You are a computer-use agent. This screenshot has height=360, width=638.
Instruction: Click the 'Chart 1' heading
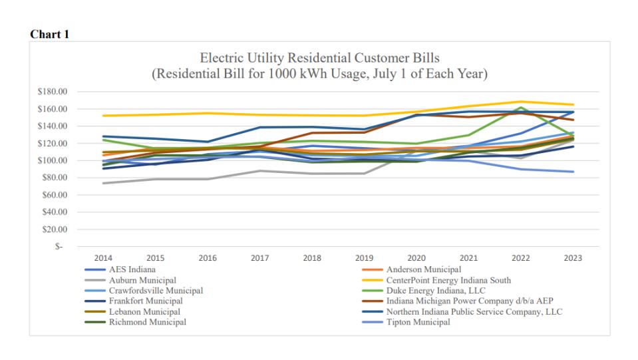click(49, 35)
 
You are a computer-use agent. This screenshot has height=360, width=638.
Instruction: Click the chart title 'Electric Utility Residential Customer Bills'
click(319, 58)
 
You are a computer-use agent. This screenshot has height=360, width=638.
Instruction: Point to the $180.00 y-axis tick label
click(55, 92)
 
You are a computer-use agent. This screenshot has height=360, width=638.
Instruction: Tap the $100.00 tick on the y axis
click(55, 160)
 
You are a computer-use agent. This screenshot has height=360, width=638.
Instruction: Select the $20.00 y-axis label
click(57, 230)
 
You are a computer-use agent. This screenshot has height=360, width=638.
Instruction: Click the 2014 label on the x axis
click(102, 258)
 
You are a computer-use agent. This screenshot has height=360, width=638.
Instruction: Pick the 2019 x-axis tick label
click(364, 258)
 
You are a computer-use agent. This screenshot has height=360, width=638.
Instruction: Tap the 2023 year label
click(573, 258)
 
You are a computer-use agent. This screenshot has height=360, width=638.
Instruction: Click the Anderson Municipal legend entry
click(423, 270)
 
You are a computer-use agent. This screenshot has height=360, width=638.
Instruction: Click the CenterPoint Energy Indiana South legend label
click(448, 280)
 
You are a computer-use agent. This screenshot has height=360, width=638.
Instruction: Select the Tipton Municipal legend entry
click(418, 322)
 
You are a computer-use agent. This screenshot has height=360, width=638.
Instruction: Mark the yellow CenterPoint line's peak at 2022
click(521, 102)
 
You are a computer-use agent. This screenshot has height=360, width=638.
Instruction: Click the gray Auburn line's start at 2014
click(103, 183)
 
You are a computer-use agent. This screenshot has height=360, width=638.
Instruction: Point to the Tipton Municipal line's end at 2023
click(573, 172)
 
